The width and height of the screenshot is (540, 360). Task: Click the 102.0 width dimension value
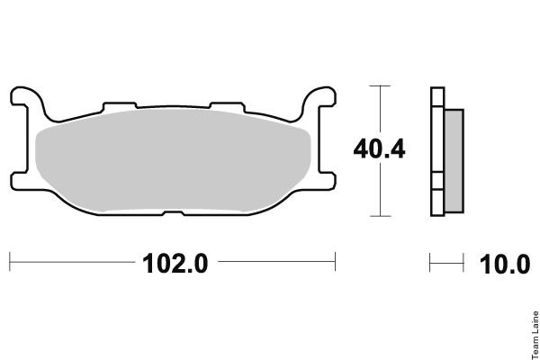click(175, 264)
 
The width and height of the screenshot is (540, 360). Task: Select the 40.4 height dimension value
click(379, 149)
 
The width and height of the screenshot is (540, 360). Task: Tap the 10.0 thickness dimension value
click(505, 265)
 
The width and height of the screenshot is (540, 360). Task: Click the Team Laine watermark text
click(535, 335)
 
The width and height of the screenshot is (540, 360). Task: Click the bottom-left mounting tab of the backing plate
click(20, 181)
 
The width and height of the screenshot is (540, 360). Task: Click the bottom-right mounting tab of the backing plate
click(327, 181)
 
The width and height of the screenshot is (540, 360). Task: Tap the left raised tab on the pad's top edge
click(120, 106)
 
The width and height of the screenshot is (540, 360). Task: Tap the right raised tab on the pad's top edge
click(228, 106)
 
